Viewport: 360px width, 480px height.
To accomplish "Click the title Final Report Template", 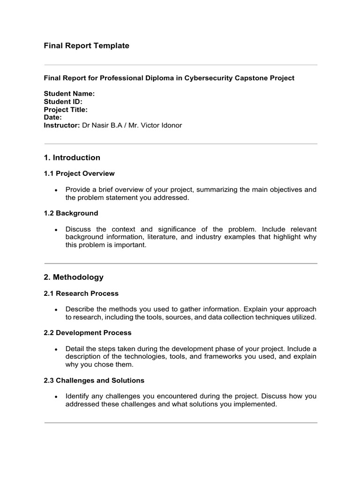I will coord(86,46).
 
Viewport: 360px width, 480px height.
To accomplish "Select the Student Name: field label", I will coord(69,94).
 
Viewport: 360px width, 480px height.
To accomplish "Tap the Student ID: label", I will coord(63,102).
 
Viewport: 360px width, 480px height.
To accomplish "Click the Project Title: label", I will coord(66,110).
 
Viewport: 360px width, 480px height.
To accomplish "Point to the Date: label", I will coord(52,118).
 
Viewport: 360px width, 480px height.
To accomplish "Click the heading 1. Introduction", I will coord(72,158).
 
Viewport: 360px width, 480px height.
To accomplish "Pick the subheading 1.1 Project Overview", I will coord(79,173).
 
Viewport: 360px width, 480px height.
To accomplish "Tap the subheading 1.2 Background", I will coord(71,213).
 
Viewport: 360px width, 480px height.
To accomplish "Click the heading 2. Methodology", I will coord(74,277).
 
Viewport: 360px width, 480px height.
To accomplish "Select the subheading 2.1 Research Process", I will coord(81,293).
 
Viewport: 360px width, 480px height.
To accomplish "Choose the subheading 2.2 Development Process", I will coord(87,333).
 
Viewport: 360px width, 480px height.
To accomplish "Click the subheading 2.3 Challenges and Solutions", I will coord(94,381).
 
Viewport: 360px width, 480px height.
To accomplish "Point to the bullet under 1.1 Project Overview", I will coord(56,190).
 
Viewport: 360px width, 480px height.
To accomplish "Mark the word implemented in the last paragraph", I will coord(253,404).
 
